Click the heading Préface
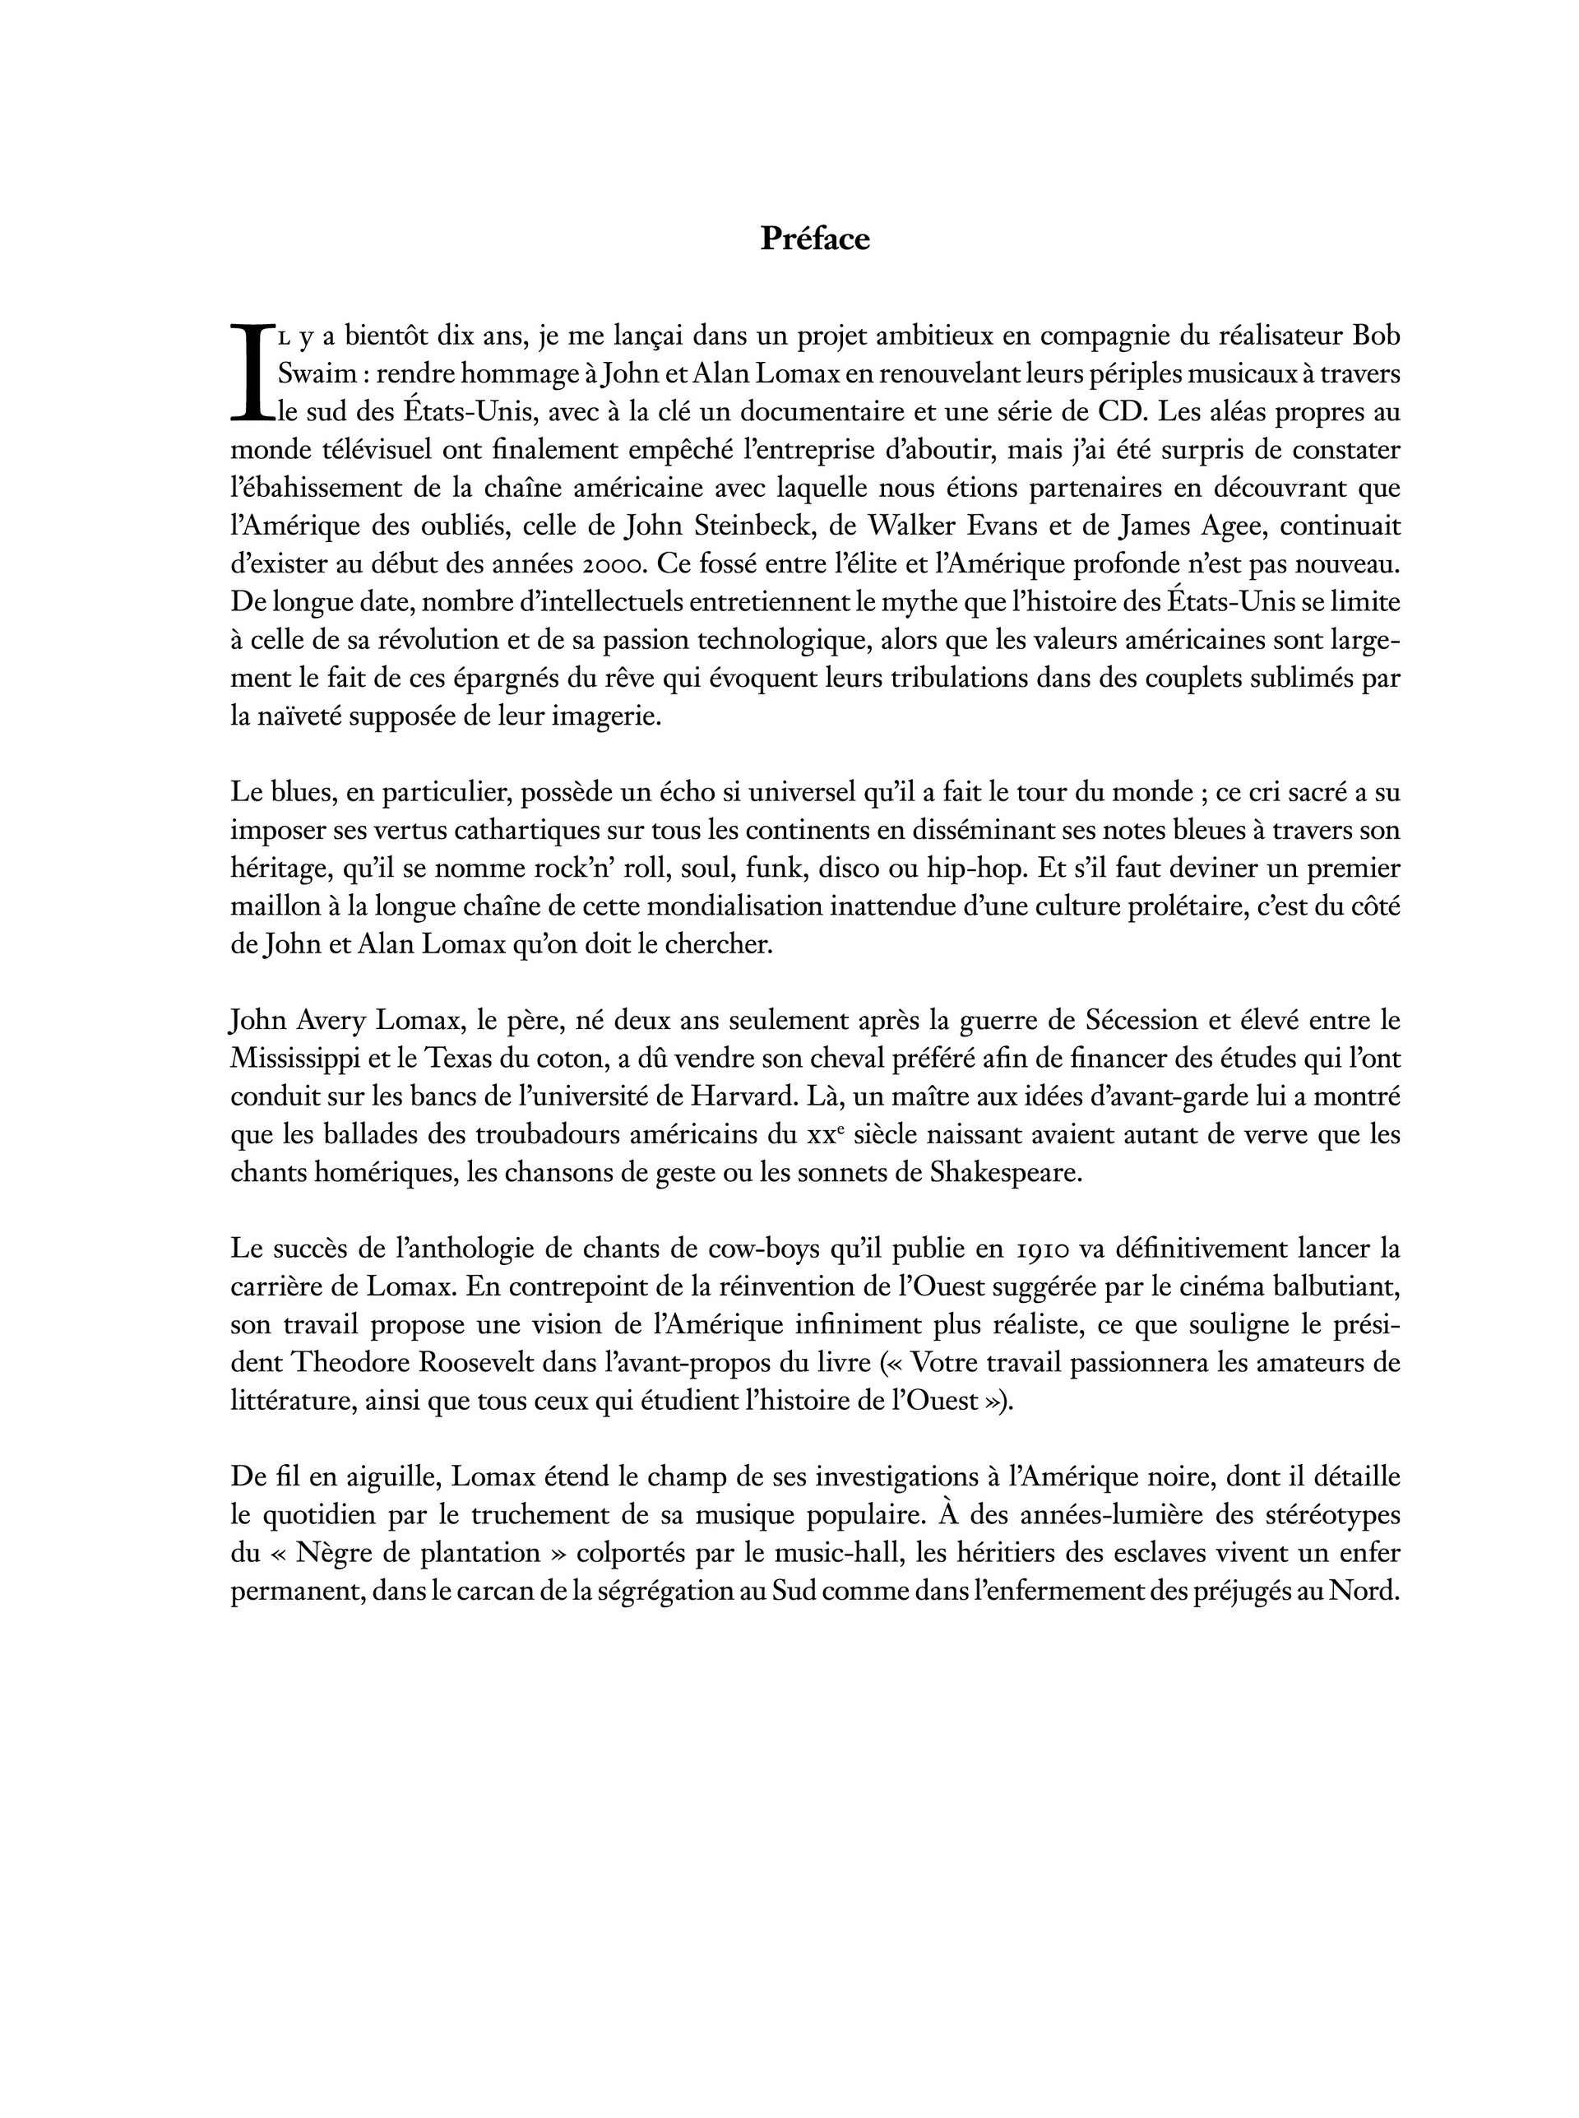(814, 239)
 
